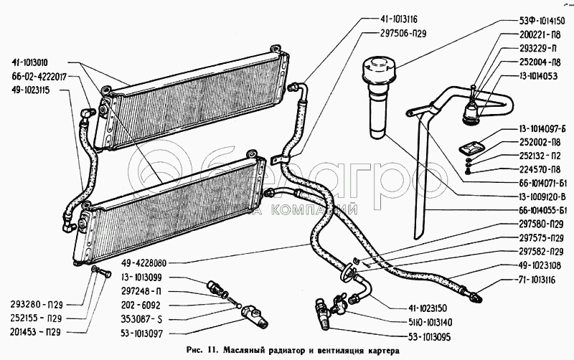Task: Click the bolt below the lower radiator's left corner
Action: click(x=100, y=273)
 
